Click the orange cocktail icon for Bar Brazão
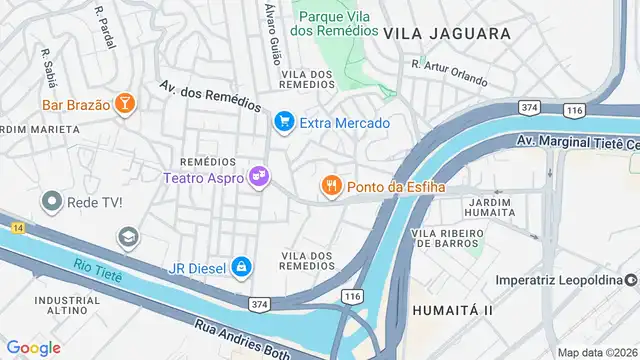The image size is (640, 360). click(x=125, y=104)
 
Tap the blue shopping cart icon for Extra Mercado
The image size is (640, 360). click(x=283, y=122)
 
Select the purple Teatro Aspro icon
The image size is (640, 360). click(x=259, y=177)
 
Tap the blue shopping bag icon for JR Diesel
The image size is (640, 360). click(x=240, y=267)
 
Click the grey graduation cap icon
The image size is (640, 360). click(x=127, y=238)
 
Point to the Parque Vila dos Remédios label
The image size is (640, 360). click(x=332, y=23)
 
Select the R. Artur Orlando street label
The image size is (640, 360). click(x=449, y=72)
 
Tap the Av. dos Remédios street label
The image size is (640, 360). click(x=210, y=96)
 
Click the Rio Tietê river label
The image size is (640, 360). click(x=97, y=269)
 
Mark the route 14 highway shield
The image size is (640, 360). click(x=17, y=229)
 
